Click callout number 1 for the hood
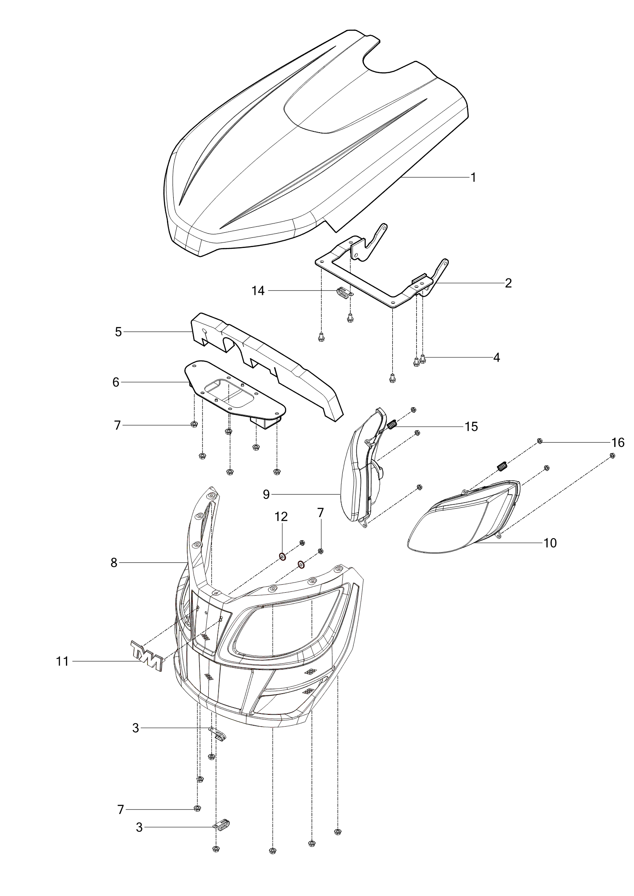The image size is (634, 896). pyautogui.click(x=473, y=177)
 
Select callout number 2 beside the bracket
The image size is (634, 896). pyautogui.click(x=508, y=283)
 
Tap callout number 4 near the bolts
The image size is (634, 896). pyautogui.click(x=497, y=357)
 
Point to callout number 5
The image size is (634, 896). pyautogui.click(x=118, y=332)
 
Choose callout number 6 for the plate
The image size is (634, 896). pyautogui.click(x=116, y=382)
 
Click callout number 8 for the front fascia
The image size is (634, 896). pyautogui.click(x=114, y=563)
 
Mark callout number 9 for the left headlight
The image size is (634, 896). pyautogui.click(x=266, y=494)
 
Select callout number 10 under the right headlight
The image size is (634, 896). pyautogui.click(x=550, y=543)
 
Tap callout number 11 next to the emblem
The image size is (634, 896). pyautogui.click(x=63, y=662)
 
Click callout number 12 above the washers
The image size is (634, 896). pyautogui.click(x=281, y=517)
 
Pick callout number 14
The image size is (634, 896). pyautogui.click(x=258, y=291)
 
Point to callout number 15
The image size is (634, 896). pyautogui.click(x=471, y=427)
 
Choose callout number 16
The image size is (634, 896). pyautogui.click(x=618, y=443)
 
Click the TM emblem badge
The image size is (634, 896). pyautogui.click(x=146, y=655)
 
